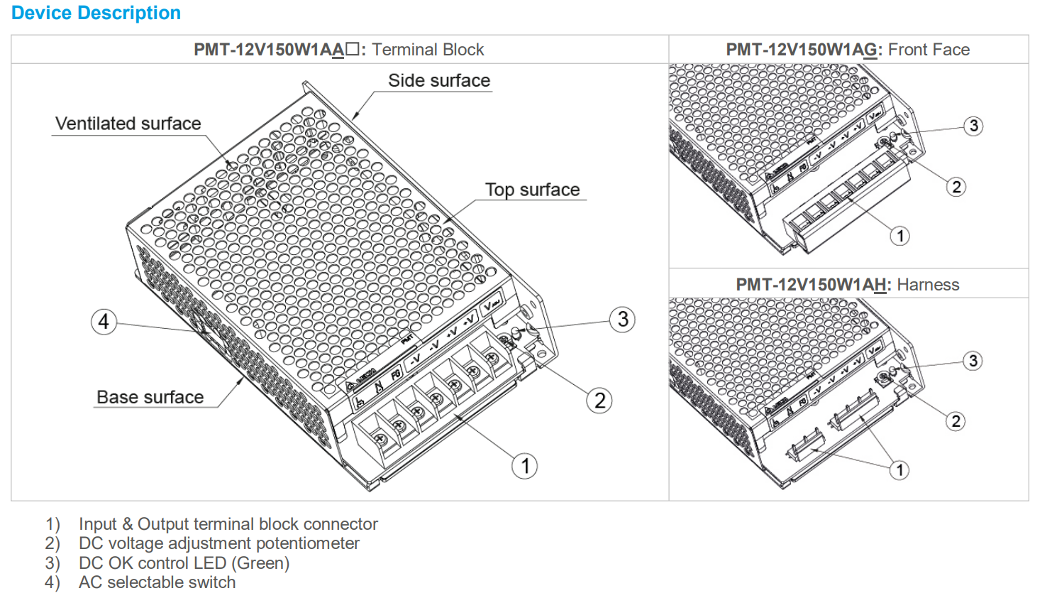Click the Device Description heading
pos(96,13)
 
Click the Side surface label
pos(438,80)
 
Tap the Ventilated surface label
pos(128,124)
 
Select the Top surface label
pos(532,190)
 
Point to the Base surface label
pos(150,397)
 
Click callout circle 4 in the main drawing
pos(104,322)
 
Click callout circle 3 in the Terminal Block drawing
pos(622,320)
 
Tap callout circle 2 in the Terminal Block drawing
pos(599,401)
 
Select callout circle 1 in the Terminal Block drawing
pos(524,466)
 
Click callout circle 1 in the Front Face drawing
pos(899,236)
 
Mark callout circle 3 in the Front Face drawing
pos(973,126)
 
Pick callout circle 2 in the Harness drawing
pos(956,421)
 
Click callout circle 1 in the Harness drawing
pos(899,469)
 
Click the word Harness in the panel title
pos(928,285)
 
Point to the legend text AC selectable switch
pos(157,582)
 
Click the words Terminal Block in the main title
pos(428,50)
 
